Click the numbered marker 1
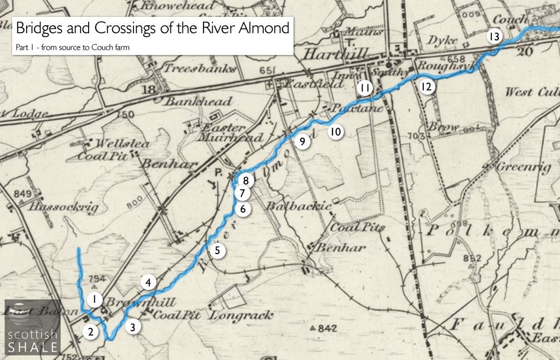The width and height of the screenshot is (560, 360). [x=94, y=299]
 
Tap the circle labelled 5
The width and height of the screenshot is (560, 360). [x=217, y=250]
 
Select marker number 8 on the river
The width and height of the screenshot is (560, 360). [x=245, y=180]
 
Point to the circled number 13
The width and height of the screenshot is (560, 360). [x=495, y=36]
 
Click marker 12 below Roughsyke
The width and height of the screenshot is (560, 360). [x=426, y=86]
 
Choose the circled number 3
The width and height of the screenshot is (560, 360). [x=133, y=327]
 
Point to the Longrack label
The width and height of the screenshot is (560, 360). [x=241, y=315]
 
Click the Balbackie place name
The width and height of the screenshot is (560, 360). [x=299, y=206]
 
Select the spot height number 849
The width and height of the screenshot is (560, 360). [x=22, y=194]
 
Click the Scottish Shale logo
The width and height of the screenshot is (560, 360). [x=33, y=326]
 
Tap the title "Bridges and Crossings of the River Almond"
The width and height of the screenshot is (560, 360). [x=152, y=28]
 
